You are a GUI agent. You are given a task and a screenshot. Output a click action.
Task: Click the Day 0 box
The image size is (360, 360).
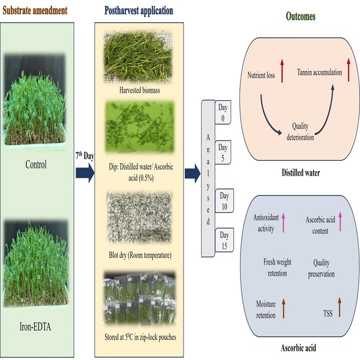tap(223, 112)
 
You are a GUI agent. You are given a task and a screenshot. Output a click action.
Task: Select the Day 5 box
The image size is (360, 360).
tap(223, 152)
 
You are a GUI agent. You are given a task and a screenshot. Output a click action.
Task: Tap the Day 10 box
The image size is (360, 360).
tap(224, 200)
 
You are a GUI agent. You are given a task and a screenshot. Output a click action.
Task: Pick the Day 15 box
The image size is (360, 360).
tap(224, 240)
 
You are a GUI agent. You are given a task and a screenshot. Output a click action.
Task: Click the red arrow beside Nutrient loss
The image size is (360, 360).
tap(282, 71)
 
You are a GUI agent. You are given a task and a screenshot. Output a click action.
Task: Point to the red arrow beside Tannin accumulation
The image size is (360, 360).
tap(349, 70)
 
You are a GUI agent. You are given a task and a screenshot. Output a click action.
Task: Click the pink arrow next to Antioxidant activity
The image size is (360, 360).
tap(283, 223)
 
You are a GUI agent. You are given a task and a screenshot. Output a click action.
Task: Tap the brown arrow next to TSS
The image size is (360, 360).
tap(340, 307)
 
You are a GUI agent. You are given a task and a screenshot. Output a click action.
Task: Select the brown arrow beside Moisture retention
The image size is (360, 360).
tap(284, 308)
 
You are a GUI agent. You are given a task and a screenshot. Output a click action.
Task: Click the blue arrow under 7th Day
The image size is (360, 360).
tap(85, 173)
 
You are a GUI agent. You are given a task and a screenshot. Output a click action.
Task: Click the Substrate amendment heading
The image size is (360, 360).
tap(35, 11)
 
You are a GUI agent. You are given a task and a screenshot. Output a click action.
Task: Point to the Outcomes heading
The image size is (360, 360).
tap(301, 16)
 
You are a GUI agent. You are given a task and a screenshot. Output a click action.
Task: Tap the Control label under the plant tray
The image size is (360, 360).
tap(36, 164)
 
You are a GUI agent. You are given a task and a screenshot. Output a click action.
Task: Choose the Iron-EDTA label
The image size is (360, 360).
tap(35, 327)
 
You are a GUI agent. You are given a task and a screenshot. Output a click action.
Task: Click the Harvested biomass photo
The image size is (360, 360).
tap(138, 56)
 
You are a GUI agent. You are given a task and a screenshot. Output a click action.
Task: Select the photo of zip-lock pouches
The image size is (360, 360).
tap(140, 298)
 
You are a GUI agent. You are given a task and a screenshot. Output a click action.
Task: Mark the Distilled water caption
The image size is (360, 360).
tap(301, 173)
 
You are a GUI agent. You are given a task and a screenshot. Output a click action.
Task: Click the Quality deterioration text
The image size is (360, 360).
tap(300, 131)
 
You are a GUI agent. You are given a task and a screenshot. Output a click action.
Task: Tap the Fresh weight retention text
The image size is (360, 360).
tap(277, 268)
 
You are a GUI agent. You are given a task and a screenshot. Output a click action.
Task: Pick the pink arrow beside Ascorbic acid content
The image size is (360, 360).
tap(340, 221)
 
